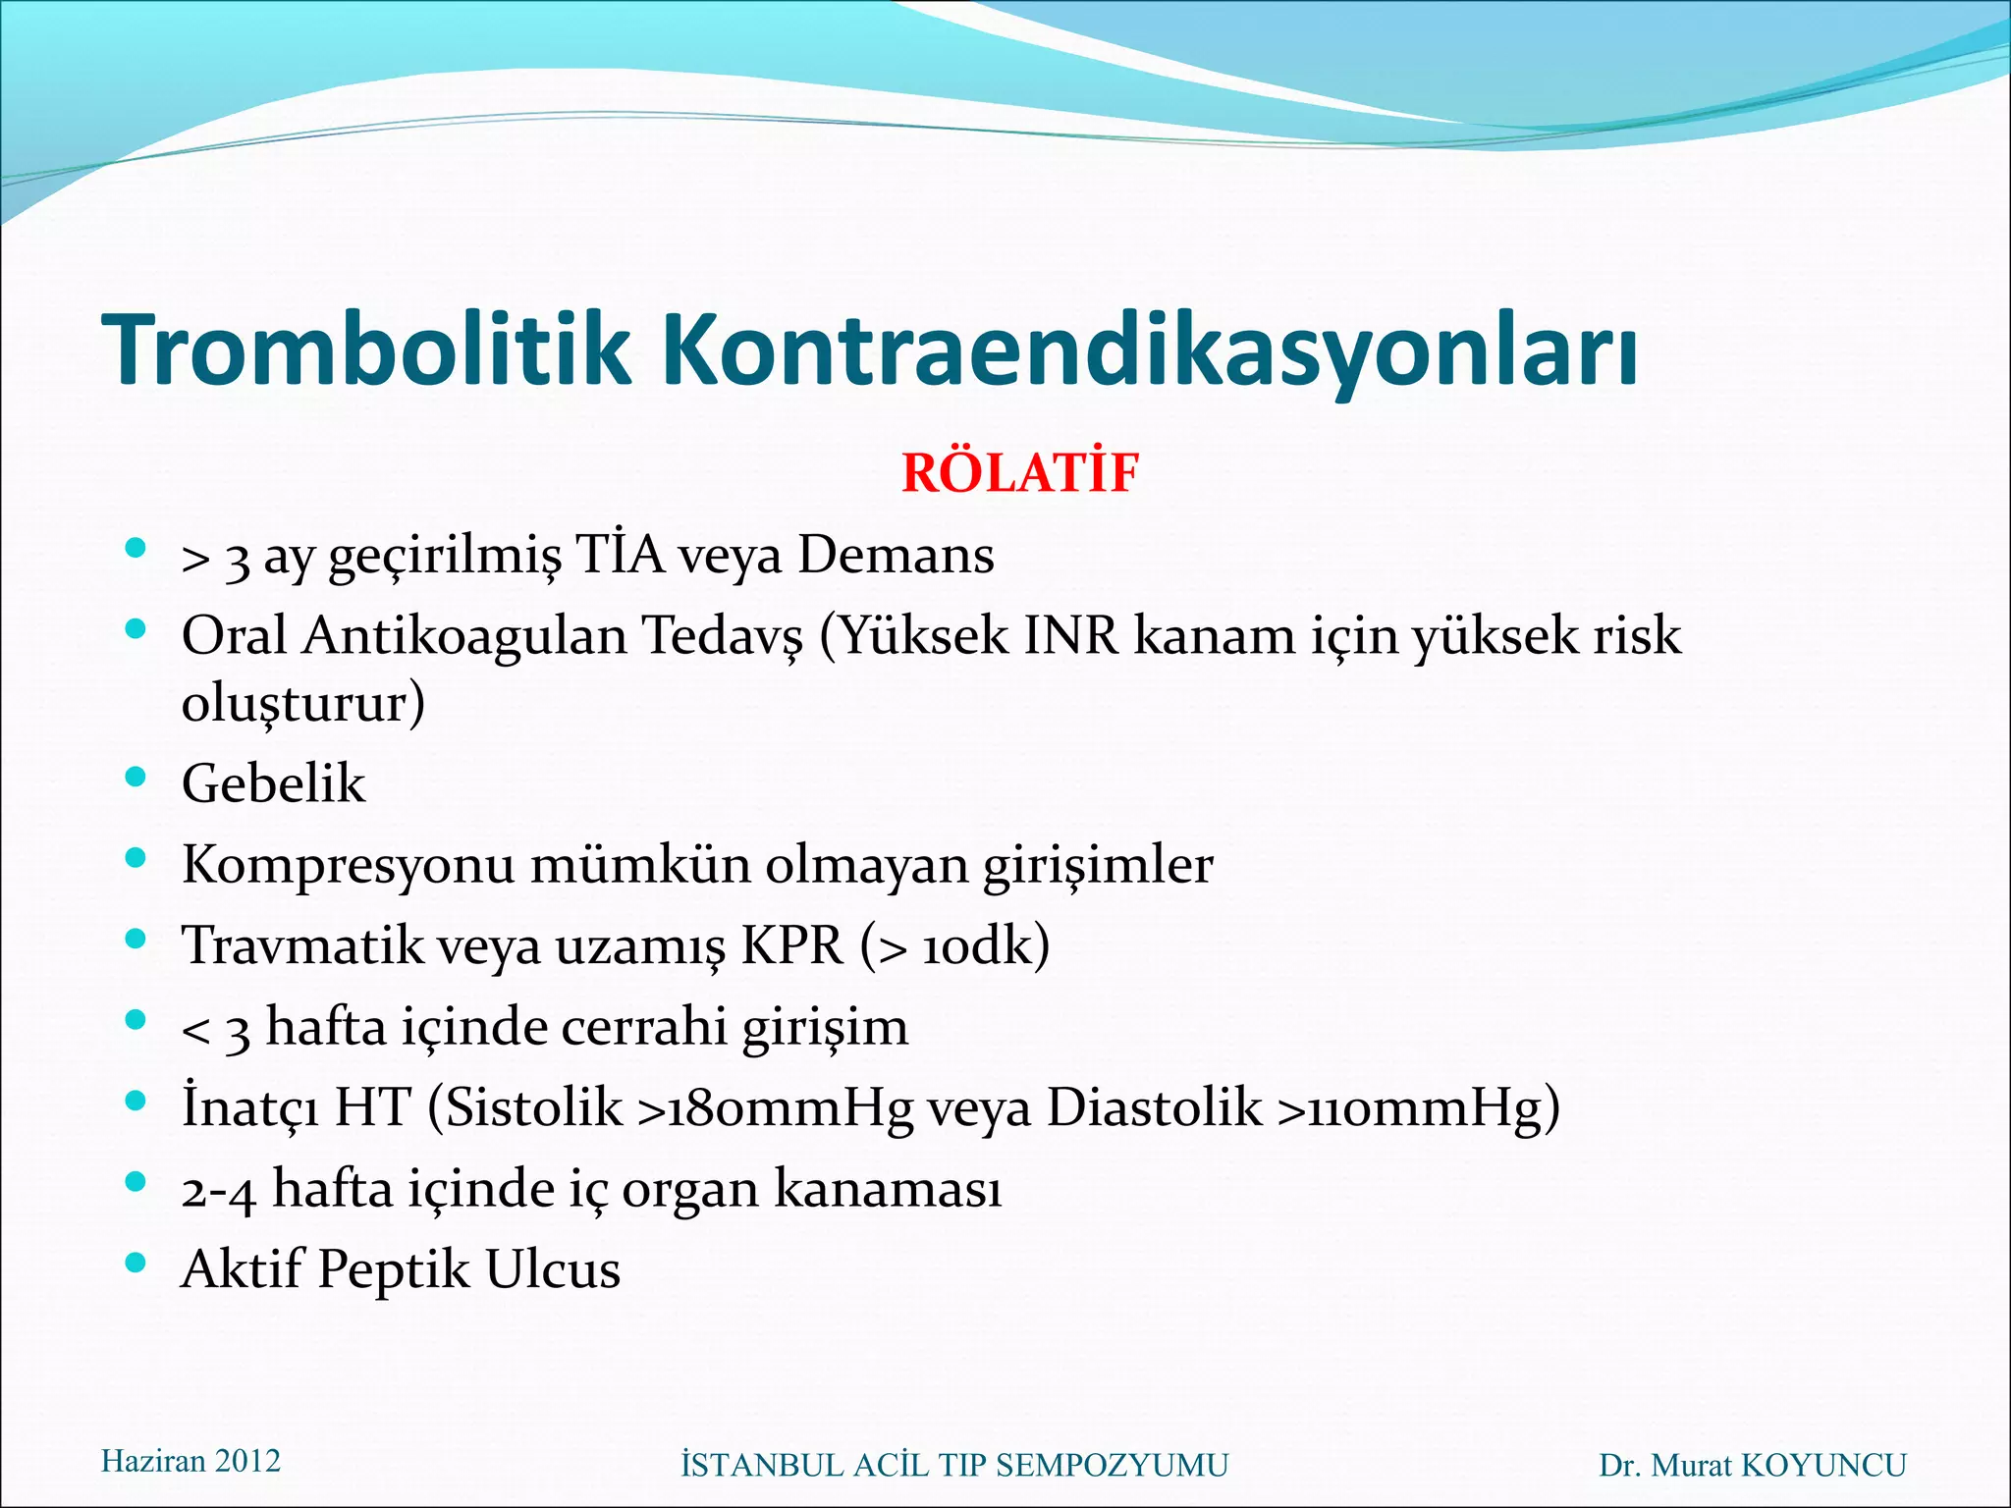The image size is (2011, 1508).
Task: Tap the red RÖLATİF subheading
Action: pyautogui.click(x=1019, y=473)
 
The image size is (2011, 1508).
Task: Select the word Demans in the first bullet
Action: pyautogui.click(x=896, y=556)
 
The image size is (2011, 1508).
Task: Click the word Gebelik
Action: pyautogui.click(x=273, y=784)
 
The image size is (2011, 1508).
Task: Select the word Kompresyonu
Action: pyautogui.click(x=348, y=866)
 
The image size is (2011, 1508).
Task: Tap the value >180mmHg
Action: pyautogui.click(x=774, y=1108)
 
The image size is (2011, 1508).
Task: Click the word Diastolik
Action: pyautogui.click(x=1154, y=1108)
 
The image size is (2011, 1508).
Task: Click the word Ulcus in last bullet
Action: pyautogui.click(x=553, y=1270)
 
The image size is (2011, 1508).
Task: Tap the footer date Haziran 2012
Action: pyautogui.click(x=190, y=1461)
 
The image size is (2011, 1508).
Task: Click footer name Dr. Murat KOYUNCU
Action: pyautogui.click(x=1752, y=1465)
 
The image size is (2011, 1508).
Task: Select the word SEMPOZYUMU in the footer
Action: pyautogui.click(x=1112, y=1465)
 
